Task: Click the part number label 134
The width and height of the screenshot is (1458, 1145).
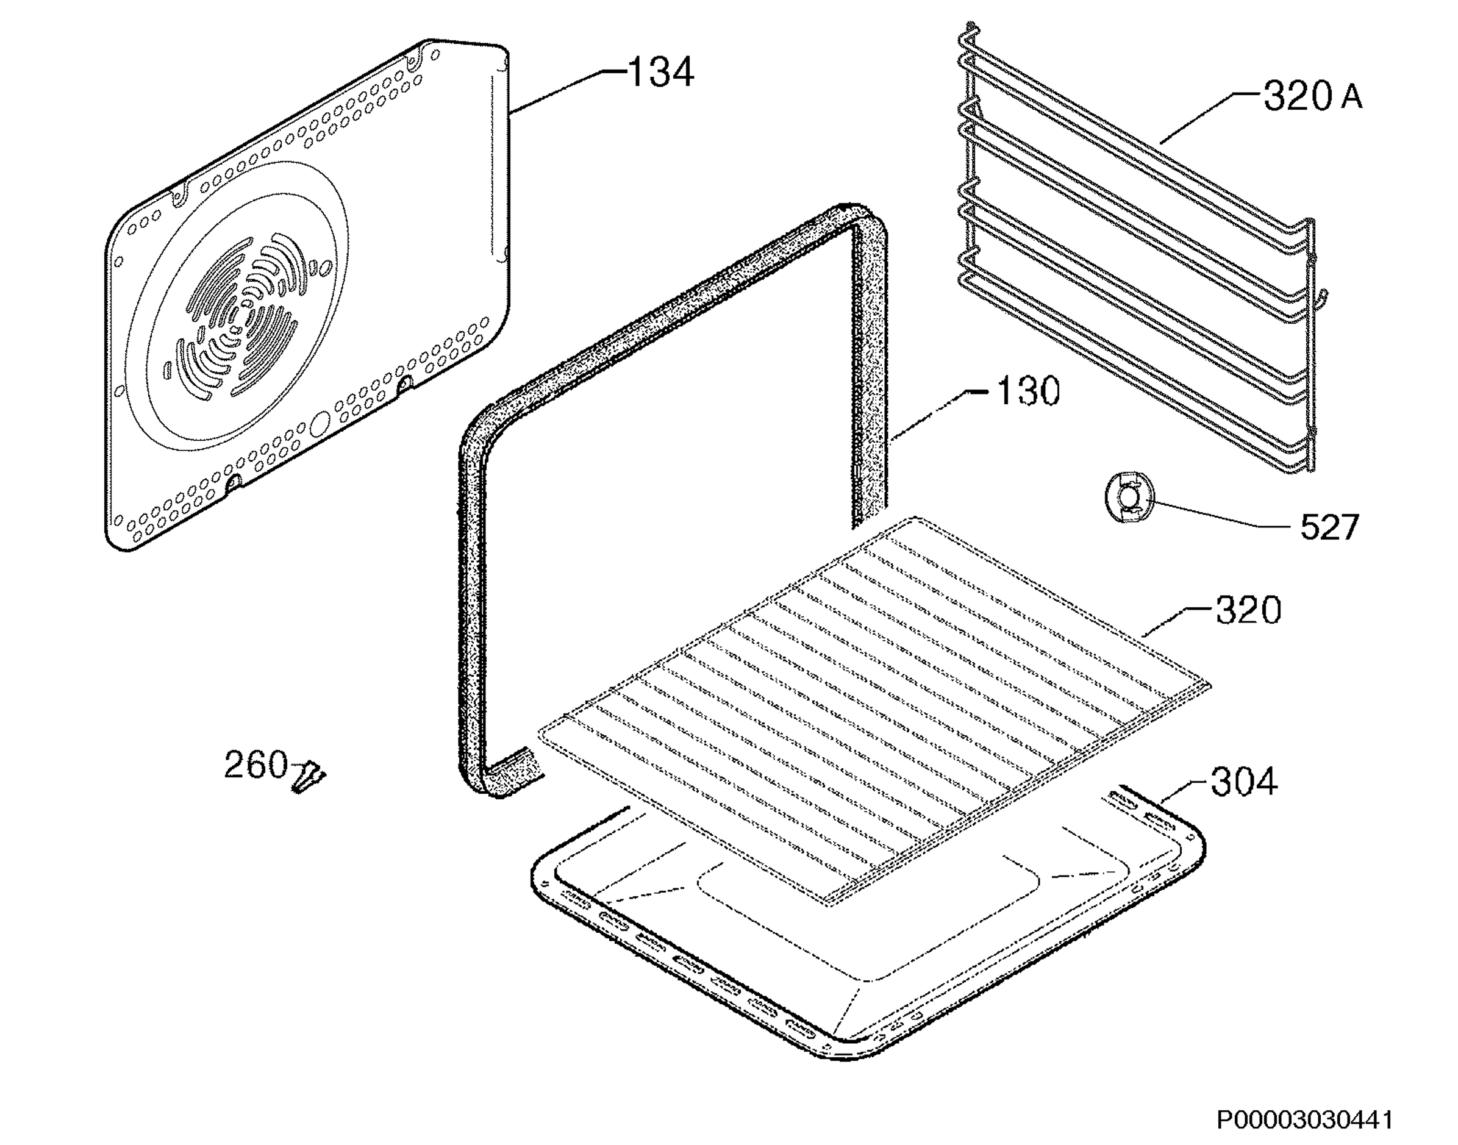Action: click(660, 73)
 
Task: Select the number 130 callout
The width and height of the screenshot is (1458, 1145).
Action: click(1028, 391)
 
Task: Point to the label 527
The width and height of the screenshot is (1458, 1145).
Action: click(1329, 526)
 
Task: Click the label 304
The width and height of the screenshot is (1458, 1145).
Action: click(1243, 782)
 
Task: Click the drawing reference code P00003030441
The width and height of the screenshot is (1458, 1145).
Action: click(1305, 1119)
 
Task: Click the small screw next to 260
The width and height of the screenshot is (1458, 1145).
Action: click(309, 776)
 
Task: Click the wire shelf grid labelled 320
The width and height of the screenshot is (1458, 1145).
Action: click(875, 712)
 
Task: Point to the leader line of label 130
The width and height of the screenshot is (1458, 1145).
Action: click(942, 416)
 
